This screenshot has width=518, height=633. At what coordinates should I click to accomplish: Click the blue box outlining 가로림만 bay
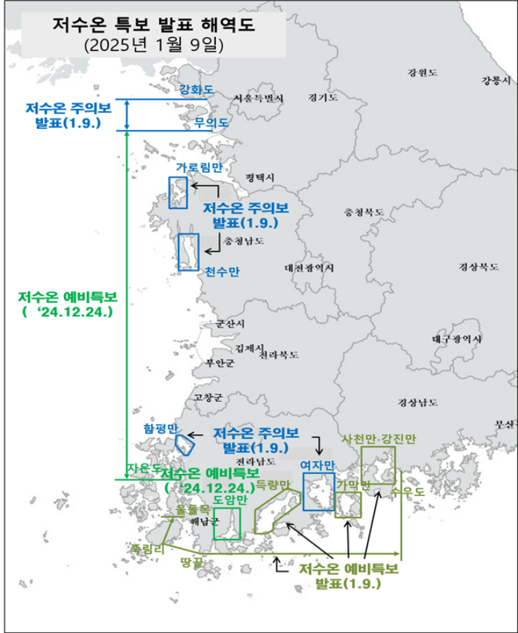click(178, 193)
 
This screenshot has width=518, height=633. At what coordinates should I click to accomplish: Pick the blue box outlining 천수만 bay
click(189, 252)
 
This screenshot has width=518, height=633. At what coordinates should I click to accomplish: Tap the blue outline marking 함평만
click(185, 441)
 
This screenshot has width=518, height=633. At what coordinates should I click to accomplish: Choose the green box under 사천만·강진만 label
click(379, 467)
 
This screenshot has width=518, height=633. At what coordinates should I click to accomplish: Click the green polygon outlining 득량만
click(275, 513)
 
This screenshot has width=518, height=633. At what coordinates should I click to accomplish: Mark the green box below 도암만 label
click(228, 524)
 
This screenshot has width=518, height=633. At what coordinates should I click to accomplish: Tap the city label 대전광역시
click(310, 268)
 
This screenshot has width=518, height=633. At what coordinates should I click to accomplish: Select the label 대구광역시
click(457, 340)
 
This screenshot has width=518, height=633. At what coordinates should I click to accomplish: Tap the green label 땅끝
click(192, 562)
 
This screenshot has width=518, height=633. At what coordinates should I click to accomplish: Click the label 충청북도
click(364, 212)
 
